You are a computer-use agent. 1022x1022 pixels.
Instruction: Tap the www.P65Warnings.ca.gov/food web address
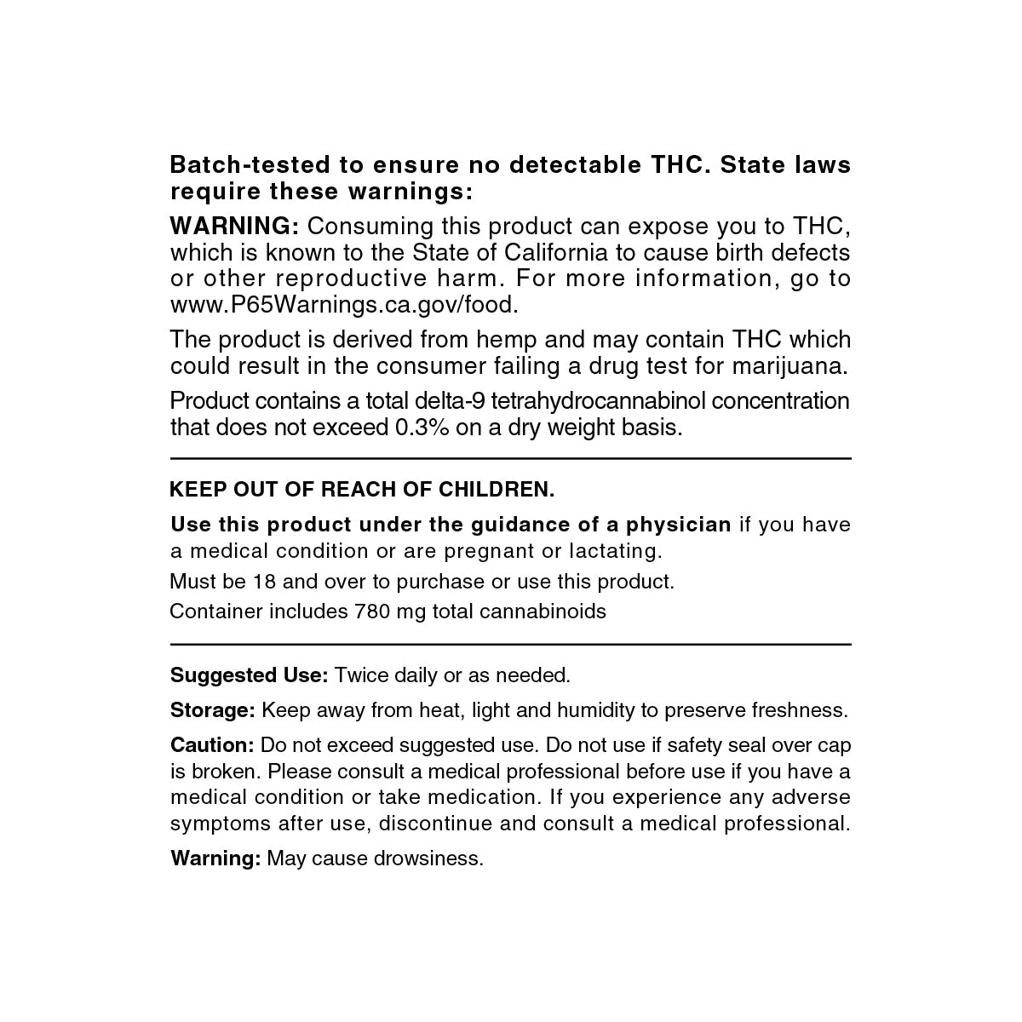pos(344,305)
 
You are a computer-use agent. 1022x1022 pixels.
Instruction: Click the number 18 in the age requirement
pos(263,582)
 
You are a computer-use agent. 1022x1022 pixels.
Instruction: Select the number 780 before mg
pos(366,611)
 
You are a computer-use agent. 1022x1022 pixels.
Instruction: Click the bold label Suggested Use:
pos(249,675)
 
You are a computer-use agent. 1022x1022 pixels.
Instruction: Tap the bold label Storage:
pos(213,710)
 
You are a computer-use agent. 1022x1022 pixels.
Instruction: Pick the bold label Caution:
pos(212,745)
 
